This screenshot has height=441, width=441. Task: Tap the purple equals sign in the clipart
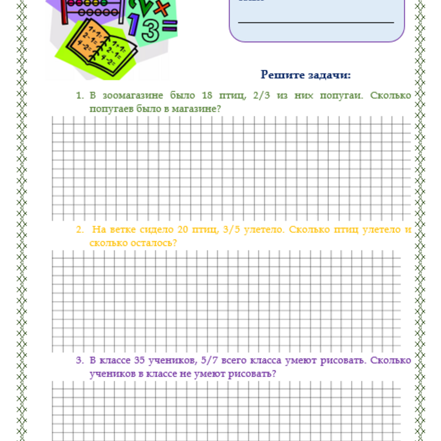click(169, 26)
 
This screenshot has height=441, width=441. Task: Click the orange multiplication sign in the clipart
click(162, 8)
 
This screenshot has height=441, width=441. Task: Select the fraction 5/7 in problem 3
click(207, 361)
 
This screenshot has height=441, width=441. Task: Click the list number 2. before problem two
click(80, 230)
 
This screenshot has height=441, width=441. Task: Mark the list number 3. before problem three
click(80, 361)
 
